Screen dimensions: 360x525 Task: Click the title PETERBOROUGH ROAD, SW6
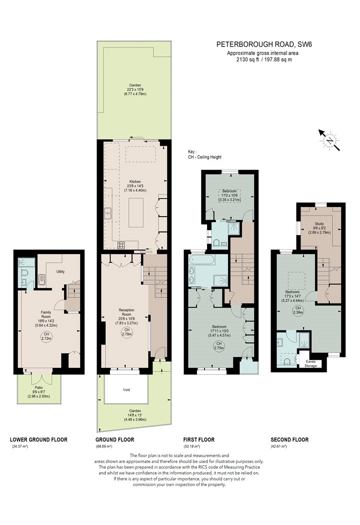pos(264,44)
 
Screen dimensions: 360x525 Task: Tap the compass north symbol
pos(329,140)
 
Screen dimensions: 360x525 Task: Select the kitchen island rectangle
pos(135,212)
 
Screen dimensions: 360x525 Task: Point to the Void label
pos(126,389)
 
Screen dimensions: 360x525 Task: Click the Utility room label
pos(60,271)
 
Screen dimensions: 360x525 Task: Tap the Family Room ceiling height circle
pos(46,336)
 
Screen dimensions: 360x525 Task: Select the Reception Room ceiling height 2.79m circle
pos(126,332)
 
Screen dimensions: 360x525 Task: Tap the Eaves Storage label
pos(310,363)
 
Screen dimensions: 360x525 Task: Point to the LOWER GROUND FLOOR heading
pos(38,439)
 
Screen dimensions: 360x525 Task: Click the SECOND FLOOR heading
pos(289,439)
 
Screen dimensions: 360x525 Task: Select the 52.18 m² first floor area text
pos(191,446)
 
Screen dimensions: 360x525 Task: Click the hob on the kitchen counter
pos(121,245)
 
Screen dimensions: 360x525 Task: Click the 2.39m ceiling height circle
pos(298,310)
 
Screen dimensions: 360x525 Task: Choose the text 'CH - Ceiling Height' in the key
pos(205,157)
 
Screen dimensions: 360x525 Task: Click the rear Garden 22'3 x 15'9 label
pos(135,89)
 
